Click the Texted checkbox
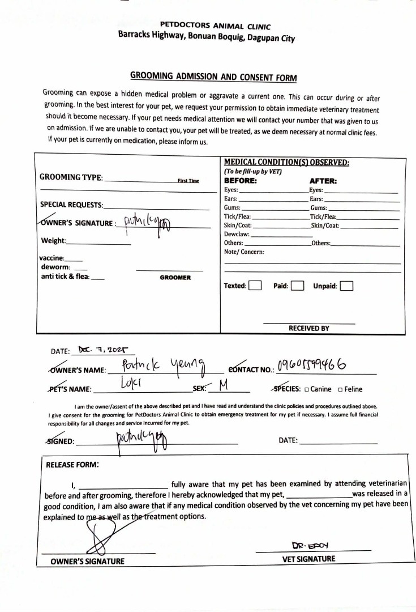(x=255, y=286)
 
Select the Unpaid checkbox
(x=346, y=286)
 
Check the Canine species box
(x=306, y=389)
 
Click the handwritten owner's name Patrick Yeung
(x=164, y=369)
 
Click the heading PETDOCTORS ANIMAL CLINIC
(x=215, y=26)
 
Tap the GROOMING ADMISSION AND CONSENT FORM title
(x=214, y=76)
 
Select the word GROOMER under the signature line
(x=175, y=278)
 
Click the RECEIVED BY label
(x=308, y=328)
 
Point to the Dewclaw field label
(x=237, y=233)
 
